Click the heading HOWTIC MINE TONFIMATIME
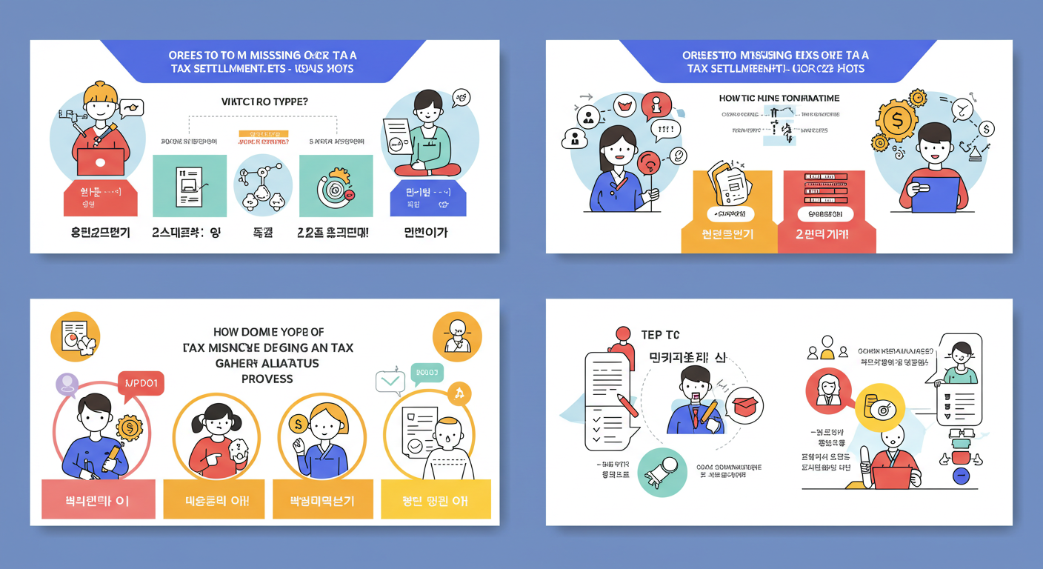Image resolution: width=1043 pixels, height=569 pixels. pos(779,98)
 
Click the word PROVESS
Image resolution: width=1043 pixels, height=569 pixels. pos(267,379)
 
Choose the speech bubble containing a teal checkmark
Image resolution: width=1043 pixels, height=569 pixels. pos(390,382)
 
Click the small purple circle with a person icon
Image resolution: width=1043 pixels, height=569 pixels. pos(67,384)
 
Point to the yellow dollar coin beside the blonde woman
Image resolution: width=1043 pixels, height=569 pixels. pos(299,424)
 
